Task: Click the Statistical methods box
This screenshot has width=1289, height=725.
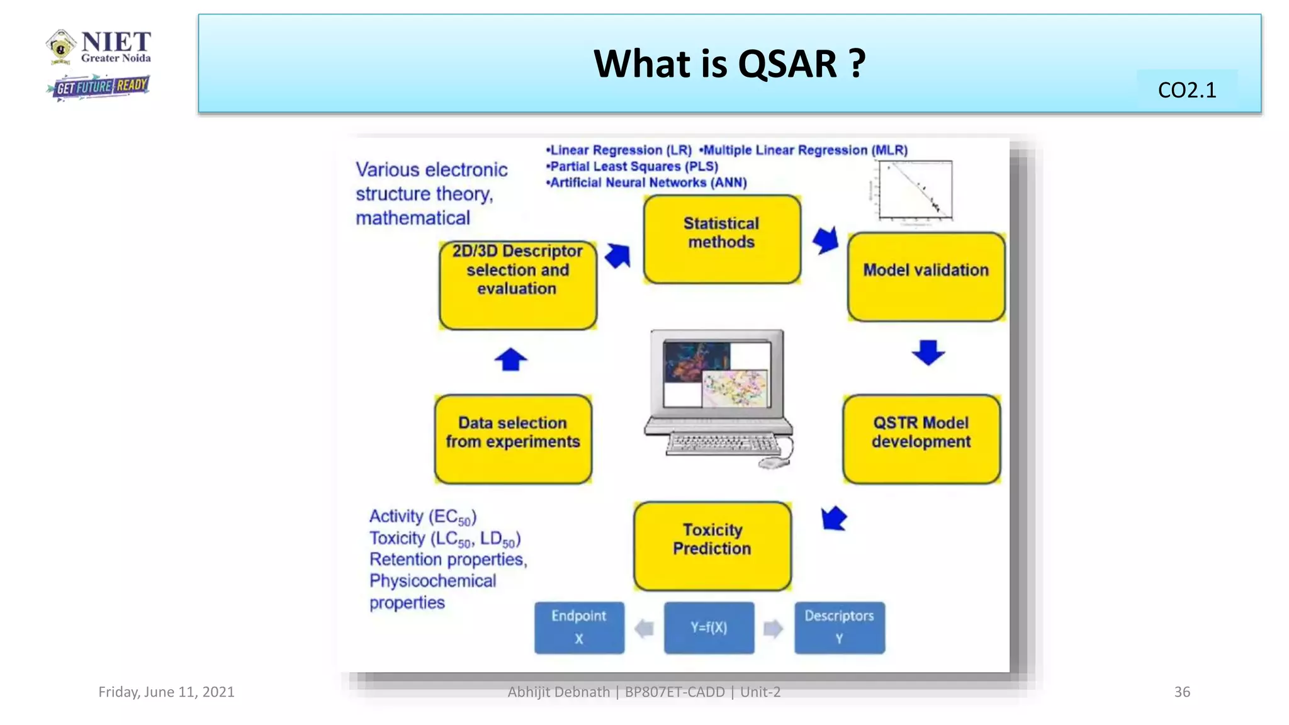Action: pyautogui.click(x=722, y=239)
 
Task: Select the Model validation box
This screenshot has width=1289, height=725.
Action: pyautogui.click(x=926, y=277)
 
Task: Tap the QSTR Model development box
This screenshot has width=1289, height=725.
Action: pyautogui.click(x=921, y=439)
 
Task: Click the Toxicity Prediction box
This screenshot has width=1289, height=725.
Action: pyautogui.click(x=712, y=546)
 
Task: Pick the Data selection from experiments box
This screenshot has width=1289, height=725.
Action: pyautogui.click(x=513, y=439)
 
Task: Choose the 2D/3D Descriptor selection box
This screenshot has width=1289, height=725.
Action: pyautogui.click(x=517, y=284)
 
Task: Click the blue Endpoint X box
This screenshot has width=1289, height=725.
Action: pyautogui.click(x=579, y=627)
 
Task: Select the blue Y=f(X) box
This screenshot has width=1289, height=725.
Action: pyautogui.click(x=709, y=627)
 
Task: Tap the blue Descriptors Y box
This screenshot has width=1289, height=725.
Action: pyautogui.click(x=839, y=627)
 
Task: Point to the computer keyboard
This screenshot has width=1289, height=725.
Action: pyautogui.click(x=723, y=444)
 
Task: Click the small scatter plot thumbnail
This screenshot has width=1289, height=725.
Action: pyautogui.click(x=915, y=189)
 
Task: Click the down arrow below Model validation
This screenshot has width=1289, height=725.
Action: pyautogui.click(x=928, y=352)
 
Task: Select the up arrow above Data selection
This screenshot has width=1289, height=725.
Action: pyautogui.click(x=510, y=360)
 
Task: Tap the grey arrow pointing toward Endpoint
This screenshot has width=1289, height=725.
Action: pyautogui.click(x=644, y=628)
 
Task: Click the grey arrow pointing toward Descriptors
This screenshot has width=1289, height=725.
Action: pyautogui.click(x=774, y=628)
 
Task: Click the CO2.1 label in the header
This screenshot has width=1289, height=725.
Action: pyautogui.click(x=1186, y=90)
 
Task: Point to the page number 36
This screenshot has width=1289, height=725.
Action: pyautogui.click(x=1181, y=692)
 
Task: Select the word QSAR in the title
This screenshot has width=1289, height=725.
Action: pyautogui.click(x=787, y=64)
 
